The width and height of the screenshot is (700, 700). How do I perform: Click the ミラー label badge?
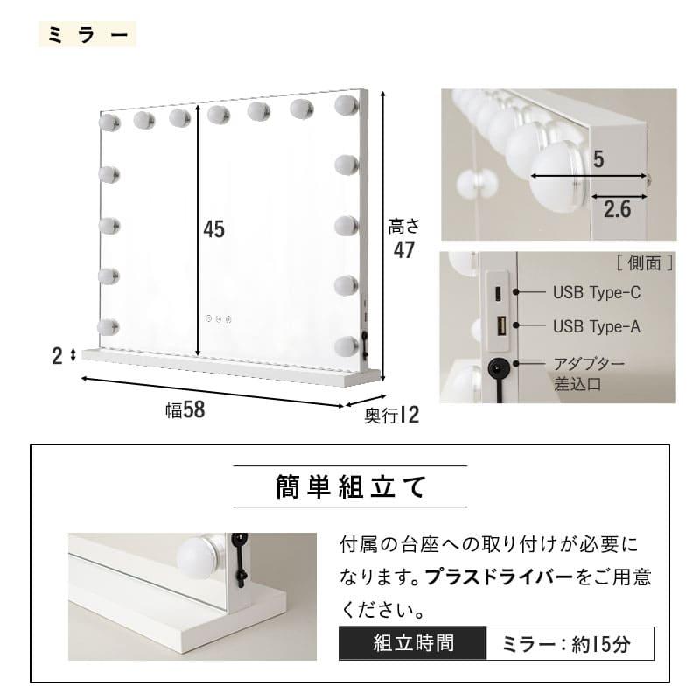click(x=87, y=35)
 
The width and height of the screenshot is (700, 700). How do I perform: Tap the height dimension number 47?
click(x=403, y=249)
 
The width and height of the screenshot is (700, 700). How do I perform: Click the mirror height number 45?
click(x=214, y=229)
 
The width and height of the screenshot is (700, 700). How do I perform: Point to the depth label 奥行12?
click(x=391, y=416)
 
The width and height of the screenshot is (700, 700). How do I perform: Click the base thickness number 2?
click(x=57, y=355)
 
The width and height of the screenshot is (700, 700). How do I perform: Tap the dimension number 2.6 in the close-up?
click(x=618, y=208)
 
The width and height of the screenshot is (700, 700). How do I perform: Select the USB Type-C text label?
click(x=597, y=293)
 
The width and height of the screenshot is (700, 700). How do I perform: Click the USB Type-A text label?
click(x=597, y=327)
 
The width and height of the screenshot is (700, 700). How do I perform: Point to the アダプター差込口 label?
click(x=589, y=373)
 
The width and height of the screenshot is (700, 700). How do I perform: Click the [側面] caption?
click(x=644, y=262)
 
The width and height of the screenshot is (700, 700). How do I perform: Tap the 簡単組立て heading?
click(x=350, y=486)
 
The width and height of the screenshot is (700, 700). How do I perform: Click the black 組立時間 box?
click(x=411, y=644)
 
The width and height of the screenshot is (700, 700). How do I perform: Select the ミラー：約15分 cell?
click(x=568, y=645)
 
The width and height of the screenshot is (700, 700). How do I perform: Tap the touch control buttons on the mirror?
click(x=219, y=318)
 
